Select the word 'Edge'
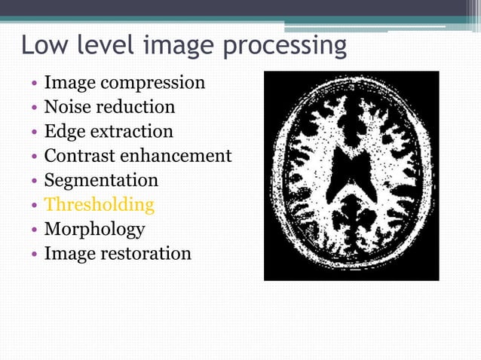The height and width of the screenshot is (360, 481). (65, 132)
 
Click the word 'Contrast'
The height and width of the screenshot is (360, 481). (81, 156)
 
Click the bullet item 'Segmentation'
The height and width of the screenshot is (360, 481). (101, 181)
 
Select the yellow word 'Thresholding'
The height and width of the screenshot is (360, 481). (99, 205)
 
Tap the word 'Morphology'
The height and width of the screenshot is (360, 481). (94, 229)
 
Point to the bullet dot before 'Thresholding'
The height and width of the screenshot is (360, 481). (34, 206)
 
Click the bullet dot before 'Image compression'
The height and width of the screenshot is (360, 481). (34, 84)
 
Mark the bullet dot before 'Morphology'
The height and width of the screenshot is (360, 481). (34, 230)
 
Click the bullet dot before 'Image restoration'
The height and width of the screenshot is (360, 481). (34, 254)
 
